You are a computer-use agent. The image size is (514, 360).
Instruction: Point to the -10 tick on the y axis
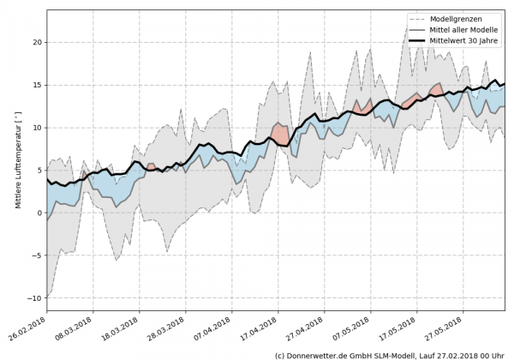pos(35,297)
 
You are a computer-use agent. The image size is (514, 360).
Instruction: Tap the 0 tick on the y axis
pos(40,213)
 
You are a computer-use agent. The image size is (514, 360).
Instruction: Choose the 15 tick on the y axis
pos(38,84)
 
